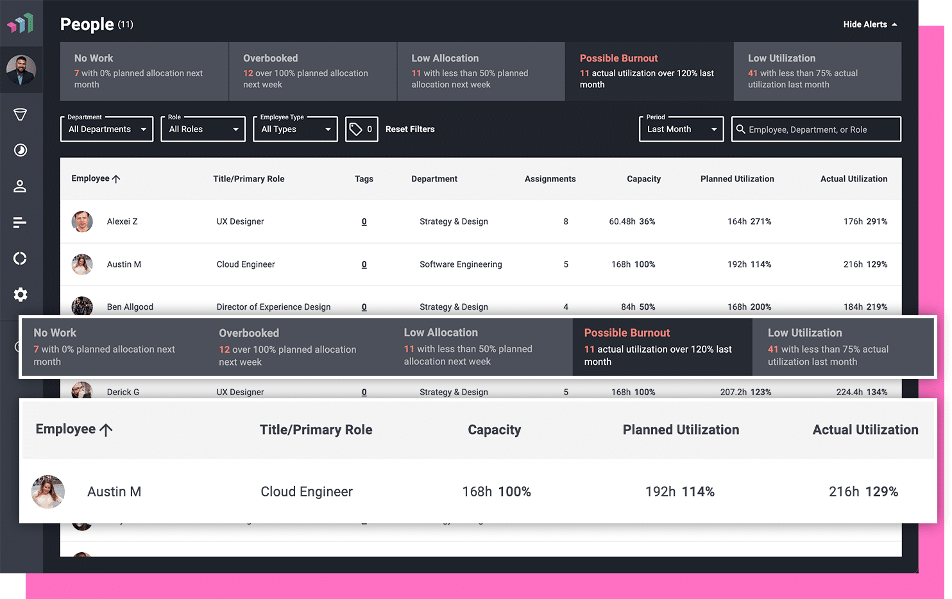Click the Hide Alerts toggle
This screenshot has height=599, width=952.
click(x=870, y=24)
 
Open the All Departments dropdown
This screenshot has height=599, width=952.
click(x=106, y=129)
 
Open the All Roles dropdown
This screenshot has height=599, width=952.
click(x=203, y=129)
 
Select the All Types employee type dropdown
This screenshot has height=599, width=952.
click(x=295, y=129)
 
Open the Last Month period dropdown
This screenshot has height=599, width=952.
click(x=681, y=129)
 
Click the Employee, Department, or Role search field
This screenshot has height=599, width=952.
click(x=816, y=129)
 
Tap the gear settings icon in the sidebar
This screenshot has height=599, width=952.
click(x=21, y=294)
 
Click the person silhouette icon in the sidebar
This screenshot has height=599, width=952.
click(x=21, y=186)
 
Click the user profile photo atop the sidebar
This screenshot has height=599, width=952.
click(x=21, y=70)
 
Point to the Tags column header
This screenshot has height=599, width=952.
click(x=364, y=179)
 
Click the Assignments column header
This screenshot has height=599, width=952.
click(x=550, y=179)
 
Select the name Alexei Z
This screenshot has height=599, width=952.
click(x=122, y=221)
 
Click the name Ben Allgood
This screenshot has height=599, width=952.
click(x=130, y=307)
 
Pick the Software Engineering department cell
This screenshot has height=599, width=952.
click(x=461, y=264)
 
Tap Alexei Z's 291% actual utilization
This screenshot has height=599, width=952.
click(x=876, y=221)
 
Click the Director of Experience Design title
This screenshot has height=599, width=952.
click(x=273, y=307)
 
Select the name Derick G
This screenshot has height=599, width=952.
click(x=123, y=392)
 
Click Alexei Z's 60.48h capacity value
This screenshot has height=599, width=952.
click(x=622, y=221)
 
